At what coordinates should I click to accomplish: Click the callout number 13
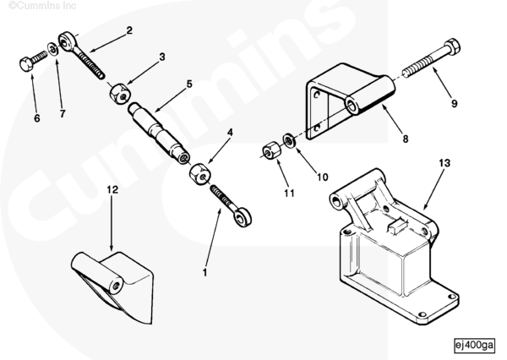(x=444, y=163)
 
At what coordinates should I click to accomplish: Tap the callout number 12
(x=112, y=189)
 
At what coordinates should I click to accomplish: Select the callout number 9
(x=455, y=103)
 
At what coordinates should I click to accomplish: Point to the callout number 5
(x=189, y=85)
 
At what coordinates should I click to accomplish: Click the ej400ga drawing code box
(x=475, y=345)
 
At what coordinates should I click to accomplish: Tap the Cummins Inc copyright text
(x=42, y=6)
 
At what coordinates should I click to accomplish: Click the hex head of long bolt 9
(x=452, y=46)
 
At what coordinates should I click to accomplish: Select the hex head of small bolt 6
(x=26, y=63)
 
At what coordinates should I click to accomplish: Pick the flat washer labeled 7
(x=53, y=49)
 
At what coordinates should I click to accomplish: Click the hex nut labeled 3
(x=119, y=94)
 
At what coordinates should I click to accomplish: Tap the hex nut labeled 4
(x=199, y=174)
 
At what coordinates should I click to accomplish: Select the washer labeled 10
(x=289, y=140)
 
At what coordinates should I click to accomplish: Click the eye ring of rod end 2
(x=67, y=41)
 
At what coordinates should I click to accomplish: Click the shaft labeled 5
(x=159, y=133)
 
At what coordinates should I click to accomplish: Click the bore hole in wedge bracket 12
(x=116, y=286)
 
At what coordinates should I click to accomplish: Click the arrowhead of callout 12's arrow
(x=112, y=248)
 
